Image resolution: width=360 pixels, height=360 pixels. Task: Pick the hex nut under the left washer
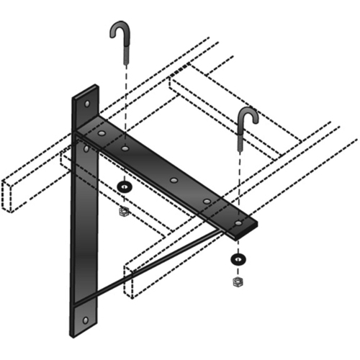(125, 211)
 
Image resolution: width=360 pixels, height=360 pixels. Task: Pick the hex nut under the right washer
(236, 282)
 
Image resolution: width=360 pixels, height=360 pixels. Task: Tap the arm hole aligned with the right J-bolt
(238, 224)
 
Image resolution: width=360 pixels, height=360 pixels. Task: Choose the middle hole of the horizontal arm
(173, 180)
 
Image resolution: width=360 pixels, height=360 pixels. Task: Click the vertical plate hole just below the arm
(86, 149)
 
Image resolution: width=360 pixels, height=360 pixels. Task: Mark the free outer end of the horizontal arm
(248, 229)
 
